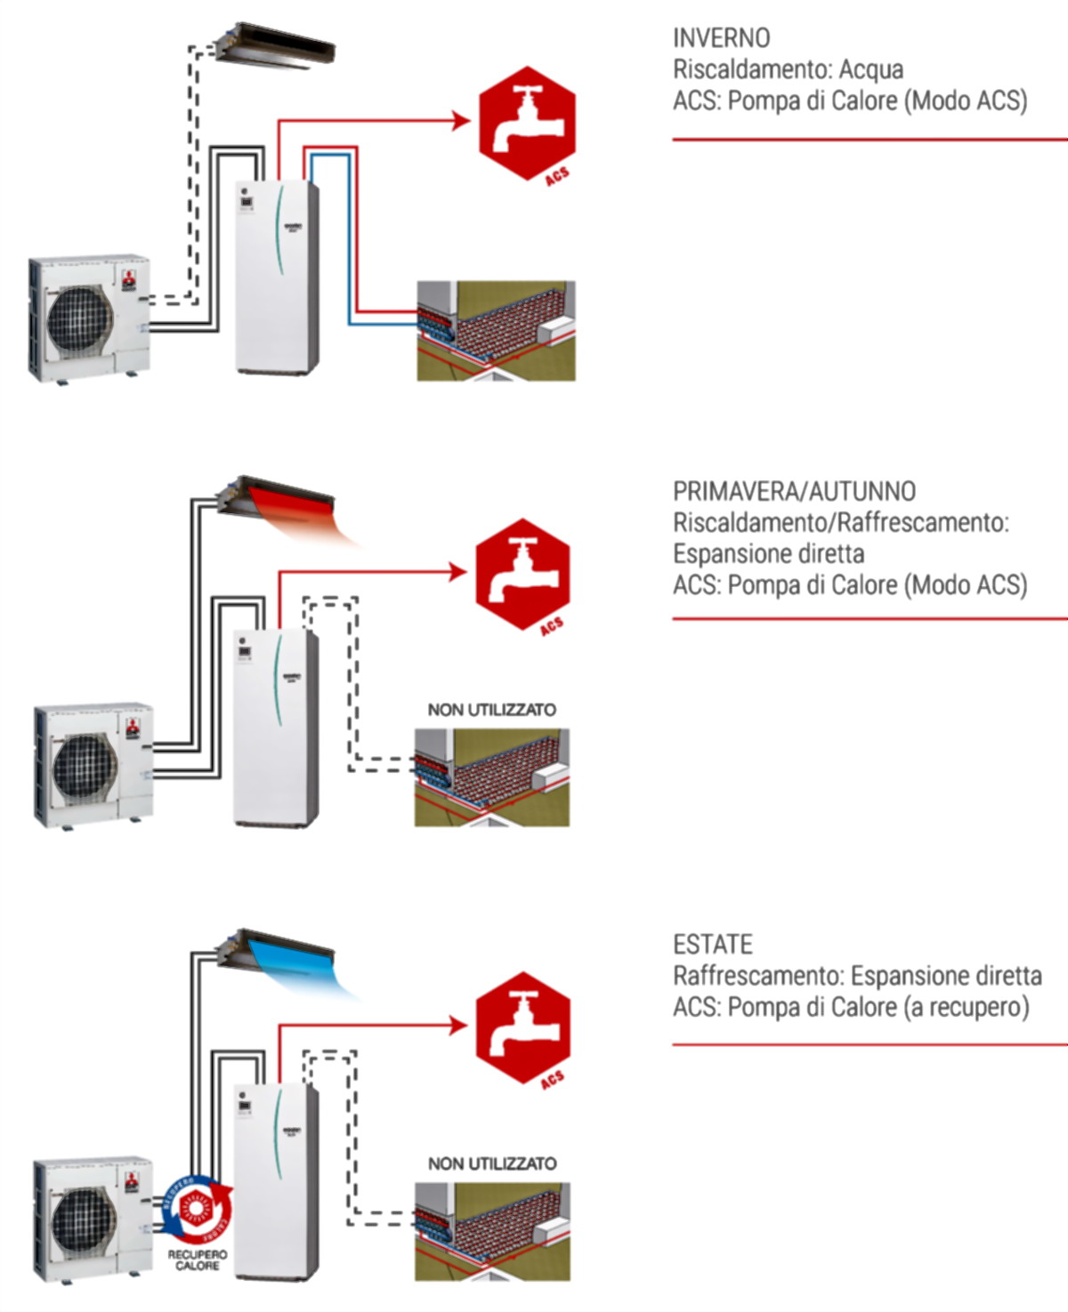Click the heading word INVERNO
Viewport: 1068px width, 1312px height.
(x=721, y=38)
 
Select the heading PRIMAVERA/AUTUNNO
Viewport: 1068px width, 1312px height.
(x=794, y=492)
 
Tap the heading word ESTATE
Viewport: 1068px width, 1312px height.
(x=713, y=945)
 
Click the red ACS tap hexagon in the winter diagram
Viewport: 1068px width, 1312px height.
(x=527, y=123)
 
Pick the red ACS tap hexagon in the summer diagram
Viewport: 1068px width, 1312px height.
(x=522, y=1027)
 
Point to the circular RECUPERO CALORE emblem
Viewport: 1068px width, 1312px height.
(x=198, y=1210)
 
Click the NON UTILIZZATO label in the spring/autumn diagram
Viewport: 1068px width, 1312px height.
(x=491, y=710)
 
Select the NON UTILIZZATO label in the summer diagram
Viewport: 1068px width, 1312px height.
(x=492, y=1163)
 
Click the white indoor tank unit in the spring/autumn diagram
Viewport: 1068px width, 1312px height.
(x=274, y=728)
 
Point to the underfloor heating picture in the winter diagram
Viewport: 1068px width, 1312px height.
(x=496, y=331)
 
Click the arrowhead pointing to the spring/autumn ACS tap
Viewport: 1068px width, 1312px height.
(x=459, y=572)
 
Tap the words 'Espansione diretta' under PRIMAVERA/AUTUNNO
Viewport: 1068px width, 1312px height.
(x=768, y=554)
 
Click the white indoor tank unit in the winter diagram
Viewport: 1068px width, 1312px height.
(x=276, y=276)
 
